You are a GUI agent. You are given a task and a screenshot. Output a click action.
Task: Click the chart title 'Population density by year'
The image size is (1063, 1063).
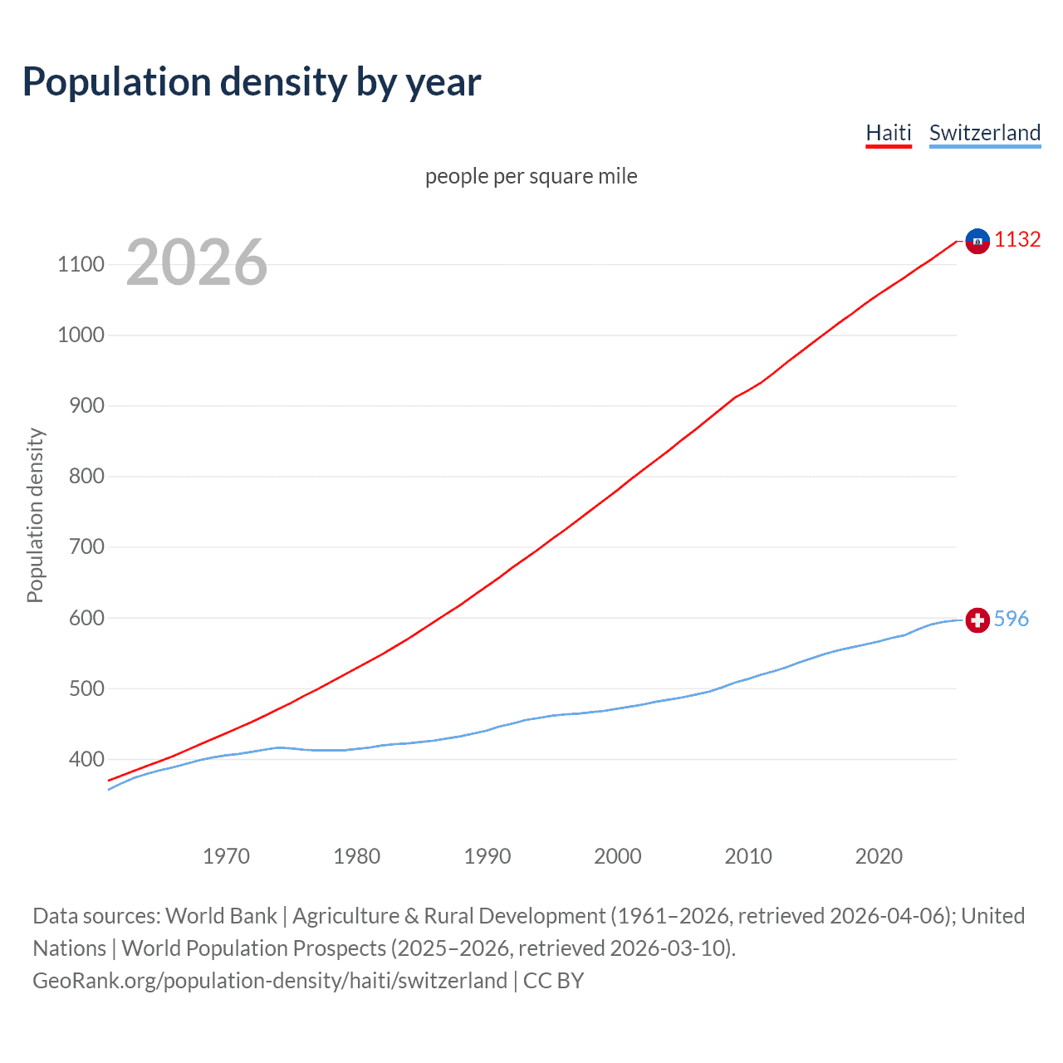coord(252,82)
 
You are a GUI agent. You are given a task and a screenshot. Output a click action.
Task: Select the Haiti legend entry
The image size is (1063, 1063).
coord(888,133)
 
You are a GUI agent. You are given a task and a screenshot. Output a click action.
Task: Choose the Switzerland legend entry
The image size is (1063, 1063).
coord(984,133)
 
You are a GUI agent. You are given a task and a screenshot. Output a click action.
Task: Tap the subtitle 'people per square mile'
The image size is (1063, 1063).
coord(531,176)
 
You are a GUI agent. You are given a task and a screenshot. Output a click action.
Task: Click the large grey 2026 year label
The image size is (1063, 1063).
coord(197,262)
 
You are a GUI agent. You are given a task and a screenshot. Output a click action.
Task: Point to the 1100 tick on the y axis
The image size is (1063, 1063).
coord(81,265)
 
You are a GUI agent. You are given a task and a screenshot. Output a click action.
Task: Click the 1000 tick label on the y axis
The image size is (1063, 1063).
coord(81,336)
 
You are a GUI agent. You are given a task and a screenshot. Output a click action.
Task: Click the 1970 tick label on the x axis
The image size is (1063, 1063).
coord(226,856)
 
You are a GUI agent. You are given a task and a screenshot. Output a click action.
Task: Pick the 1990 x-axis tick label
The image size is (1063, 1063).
coord(487,856)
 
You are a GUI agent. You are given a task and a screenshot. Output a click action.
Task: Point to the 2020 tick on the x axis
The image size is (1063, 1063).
coord(879,856)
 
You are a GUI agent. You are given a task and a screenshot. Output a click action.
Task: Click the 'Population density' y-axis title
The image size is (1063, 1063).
coord(35,515)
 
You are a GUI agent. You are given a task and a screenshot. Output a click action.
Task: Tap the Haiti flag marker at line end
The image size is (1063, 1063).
coord(977,241)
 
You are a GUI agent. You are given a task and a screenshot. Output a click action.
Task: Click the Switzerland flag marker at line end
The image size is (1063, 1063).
coord(977,620)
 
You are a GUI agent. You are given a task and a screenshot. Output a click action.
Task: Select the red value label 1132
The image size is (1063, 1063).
coord(1017,240)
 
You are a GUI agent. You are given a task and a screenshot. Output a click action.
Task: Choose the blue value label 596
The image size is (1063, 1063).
coord(1011,619)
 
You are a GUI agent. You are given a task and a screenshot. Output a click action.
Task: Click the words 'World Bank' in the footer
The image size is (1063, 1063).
coord(221,916)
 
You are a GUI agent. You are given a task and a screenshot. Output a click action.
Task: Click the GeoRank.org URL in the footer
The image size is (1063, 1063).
coord(270,981)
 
